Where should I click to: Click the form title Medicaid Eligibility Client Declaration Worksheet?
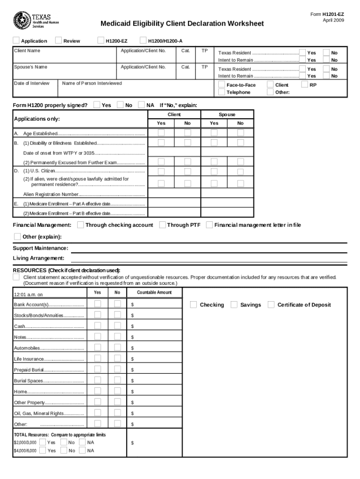182,23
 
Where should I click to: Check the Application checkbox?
17,41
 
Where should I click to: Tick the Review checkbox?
59,41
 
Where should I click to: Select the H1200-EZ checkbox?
101,41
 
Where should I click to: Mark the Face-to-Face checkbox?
222,85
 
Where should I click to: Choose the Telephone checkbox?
222,92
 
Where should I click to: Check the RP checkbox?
305,85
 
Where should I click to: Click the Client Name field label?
27,51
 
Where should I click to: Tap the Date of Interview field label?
32,83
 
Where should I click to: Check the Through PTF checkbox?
163,225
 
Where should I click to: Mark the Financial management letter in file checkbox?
209,225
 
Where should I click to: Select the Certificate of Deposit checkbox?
271,305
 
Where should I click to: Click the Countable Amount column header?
154,292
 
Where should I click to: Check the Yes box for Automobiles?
98,348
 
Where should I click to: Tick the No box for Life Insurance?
117,358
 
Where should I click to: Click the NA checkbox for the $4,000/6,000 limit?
82,450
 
